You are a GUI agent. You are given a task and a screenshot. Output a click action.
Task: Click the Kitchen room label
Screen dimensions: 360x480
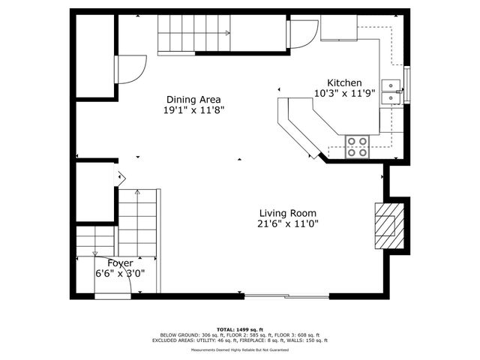(x=344, y=83)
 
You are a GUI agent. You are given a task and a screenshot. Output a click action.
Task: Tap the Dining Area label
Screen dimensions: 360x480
(x=193, y=99)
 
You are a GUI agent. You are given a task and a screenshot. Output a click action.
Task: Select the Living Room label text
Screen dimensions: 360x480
(x=289, y=212)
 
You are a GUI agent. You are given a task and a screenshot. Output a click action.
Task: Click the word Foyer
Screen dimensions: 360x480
(x=120, y=263)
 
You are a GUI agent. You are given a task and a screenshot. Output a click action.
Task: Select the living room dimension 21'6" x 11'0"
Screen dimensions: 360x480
(x=289, y=223)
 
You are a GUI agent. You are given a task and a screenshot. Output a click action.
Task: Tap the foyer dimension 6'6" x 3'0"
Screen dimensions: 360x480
(x=120, y=274)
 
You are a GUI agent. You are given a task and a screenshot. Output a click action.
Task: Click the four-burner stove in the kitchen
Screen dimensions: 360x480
(x=357, y=146)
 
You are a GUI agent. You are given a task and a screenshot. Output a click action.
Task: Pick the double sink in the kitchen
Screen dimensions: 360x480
(x=390, y=91)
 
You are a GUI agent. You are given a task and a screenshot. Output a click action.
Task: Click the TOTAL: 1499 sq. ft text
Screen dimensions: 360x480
(x=241, y=329)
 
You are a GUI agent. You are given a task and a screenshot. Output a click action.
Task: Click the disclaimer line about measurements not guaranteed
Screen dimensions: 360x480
(x=241, y=349)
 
